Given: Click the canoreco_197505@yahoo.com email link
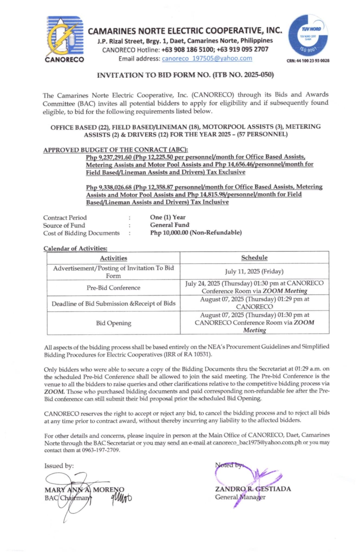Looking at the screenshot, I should pos(207,58).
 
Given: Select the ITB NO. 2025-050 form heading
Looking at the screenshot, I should pos(185,75).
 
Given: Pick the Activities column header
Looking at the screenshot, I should pos(113,258).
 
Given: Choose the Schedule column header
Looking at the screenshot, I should pos(254,258).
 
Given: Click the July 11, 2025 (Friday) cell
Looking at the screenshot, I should pos(254,271).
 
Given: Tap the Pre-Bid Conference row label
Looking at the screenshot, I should pos(113,288).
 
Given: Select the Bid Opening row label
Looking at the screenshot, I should pos(113,323).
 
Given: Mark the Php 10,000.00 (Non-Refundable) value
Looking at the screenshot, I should pos(196,233).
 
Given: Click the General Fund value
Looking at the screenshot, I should pos(170,225).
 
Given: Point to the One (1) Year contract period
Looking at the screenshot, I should pos(168,217).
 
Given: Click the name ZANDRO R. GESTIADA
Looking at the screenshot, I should pos(253,489).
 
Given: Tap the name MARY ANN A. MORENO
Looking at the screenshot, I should pos(84,490).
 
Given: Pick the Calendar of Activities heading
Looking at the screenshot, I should pos(75,248).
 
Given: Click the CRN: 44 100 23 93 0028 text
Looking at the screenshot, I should pos(308,61).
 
